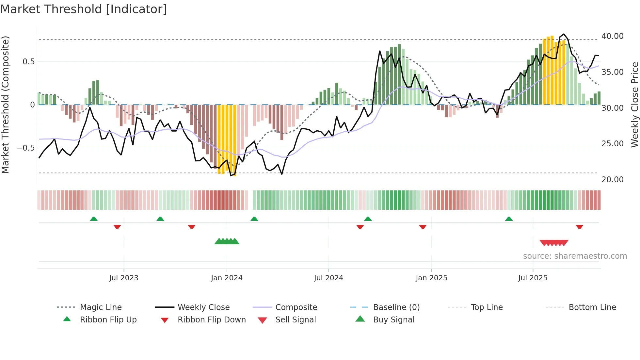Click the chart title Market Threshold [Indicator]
(x=84, y=9)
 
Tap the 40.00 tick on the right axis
(x=612, y=36)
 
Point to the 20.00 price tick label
(x=612, y=180)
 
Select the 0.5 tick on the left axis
(x=28, y=62)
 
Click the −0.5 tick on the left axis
(x=26, y=148)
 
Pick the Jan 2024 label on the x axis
(x=227, y=278)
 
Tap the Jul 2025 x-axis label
(x=533, y=278)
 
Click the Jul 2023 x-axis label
(x=124, y=278)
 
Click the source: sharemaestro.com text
(x=575, y=256)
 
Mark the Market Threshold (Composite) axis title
(x=5, y=105)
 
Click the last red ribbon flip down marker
(x=580, y=227)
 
